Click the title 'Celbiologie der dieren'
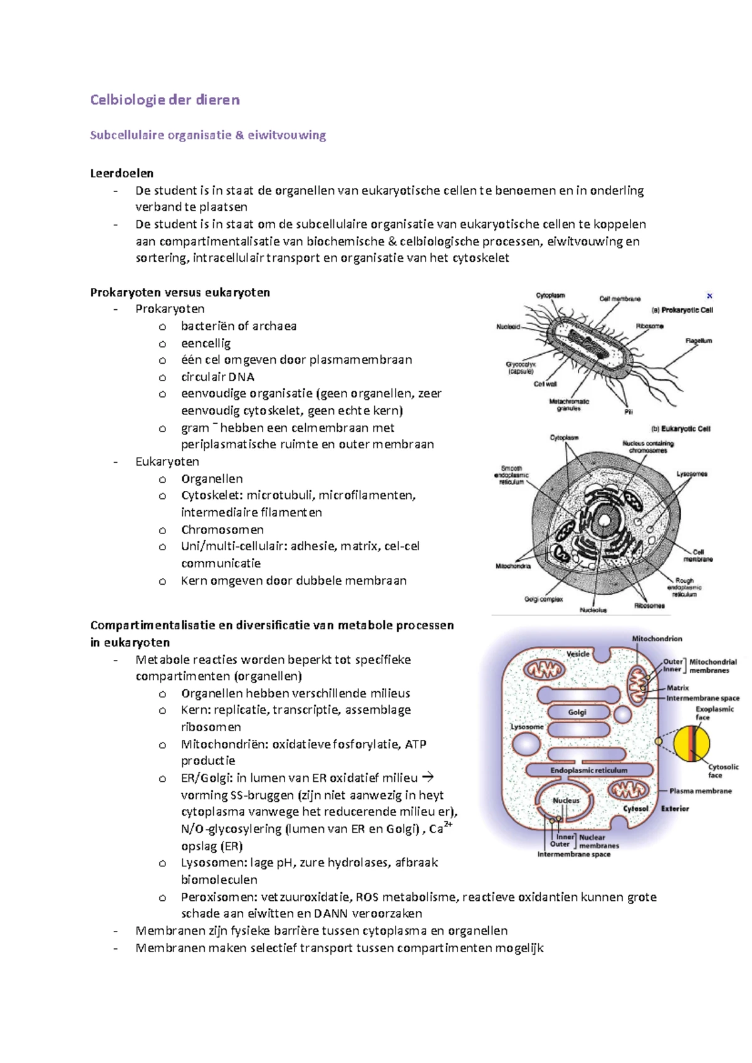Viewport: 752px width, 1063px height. (165, 100)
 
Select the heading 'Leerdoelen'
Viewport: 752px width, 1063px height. (122, 173)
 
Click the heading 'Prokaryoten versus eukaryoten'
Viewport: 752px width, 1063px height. (180, 292)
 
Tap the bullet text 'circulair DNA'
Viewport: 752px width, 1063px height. (217, 377)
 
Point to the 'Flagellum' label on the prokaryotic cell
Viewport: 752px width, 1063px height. (699, 341)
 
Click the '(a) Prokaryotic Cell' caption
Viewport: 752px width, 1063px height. (682, 310)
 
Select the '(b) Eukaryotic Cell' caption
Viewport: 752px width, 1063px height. (681, 429)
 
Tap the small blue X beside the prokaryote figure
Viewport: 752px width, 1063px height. (709, 296)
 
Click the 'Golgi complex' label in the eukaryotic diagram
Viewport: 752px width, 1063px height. (543, 599)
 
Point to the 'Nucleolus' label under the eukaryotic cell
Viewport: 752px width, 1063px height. (593, 610)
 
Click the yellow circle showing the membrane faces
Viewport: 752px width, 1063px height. (692, 743)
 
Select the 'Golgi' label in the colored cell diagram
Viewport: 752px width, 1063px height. (577, 712)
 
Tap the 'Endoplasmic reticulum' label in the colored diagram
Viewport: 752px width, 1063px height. (588, 771)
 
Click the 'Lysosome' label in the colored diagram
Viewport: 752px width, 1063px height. (526, 727)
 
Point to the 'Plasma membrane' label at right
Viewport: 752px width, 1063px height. (700, 791)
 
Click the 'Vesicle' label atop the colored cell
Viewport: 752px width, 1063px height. (578, 654)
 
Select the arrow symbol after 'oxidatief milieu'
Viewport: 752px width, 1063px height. (427, 778)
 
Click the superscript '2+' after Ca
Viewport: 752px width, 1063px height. (449, 824)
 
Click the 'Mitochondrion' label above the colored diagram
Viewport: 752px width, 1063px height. (657, 639)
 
